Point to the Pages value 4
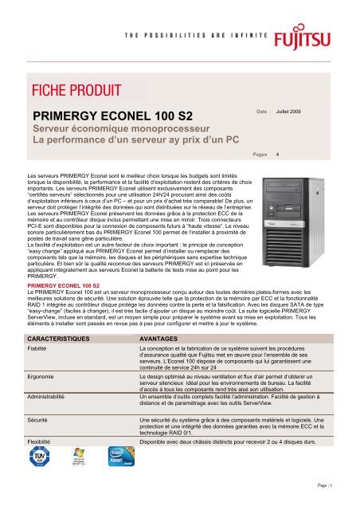tap(277, 155)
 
